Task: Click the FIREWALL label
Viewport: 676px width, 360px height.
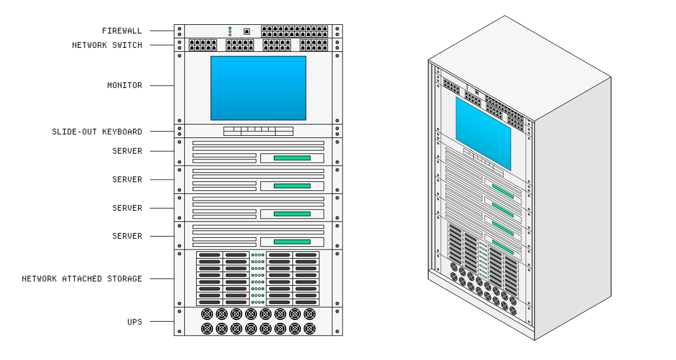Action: pos(122,30)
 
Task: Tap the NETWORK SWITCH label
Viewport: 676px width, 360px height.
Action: pos(107,45)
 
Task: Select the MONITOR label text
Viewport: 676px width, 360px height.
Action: pos(124,86)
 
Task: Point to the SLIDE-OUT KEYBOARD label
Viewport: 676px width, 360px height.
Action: pos(97,132)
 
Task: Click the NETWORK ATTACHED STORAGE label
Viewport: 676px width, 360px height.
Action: pos(82,279)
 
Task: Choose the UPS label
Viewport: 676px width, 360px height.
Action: pos(134,322)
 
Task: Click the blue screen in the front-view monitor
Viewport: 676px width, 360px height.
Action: pos(258,88)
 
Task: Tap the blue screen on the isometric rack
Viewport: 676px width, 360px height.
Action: pos(483,133)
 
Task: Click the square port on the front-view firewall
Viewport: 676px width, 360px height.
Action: pos(246,32)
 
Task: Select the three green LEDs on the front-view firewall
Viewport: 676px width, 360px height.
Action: pos(230,32)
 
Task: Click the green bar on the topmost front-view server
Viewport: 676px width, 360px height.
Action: pos(292,158)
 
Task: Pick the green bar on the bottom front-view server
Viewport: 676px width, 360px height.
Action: pos(292,242)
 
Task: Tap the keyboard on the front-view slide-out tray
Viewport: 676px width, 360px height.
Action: pos(258,131)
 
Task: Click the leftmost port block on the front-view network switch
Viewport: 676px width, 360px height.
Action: pos(203,45)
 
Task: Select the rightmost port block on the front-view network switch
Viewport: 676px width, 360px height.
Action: pos(314,45)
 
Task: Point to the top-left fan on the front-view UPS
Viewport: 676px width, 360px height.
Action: pos(207,314)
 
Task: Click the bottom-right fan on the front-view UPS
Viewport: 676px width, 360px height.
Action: pos(309,328)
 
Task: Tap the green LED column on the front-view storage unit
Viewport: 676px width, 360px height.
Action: pos(257,279)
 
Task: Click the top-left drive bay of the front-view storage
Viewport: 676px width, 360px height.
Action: pos(210,255)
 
